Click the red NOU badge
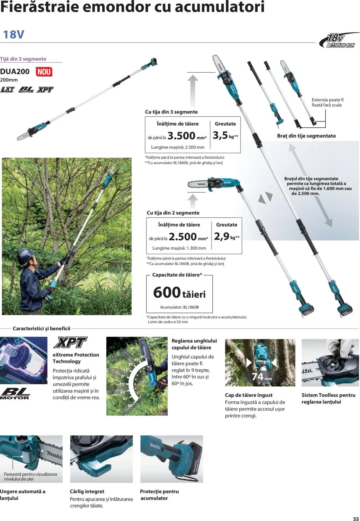[44, 72]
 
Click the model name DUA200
[15, 71]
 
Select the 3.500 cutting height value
[181, 136]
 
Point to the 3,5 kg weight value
[220, 135]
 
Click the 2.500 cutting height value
[183, 237]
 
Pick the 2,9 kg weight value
[222, 236]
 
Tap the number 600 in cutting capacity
[167, 293]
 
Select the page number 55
[356, 519]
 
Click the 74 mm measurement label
[262, 376]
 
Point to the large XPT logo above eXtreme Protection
[70, 343]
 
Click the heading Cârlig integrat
[87, 491]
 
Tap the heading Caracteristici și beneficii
[42, 328]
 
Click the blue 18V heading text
[13, 35]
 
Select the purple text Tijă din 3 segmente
[23, 59]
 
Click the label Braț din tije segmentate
[306, 136]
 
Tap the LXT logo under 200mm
[7, 89]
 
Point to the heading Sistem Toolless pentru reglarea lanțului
[328, 398]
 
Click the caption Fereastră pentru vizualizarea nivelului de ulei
[30, 476]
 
